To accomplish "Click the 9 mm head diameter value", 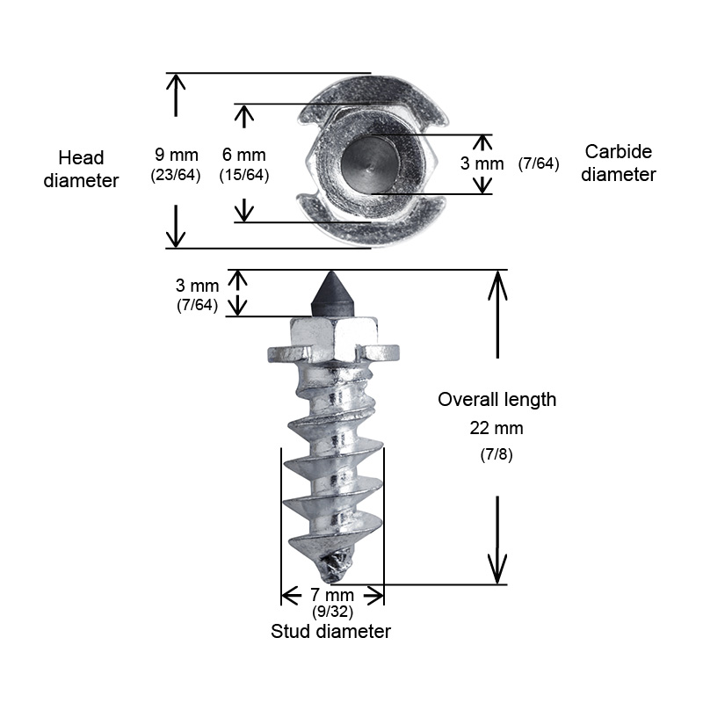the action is tap(177, 156).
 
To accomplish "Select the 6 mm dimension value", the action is tap(244, 156).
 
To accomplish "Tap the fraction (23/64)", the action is tap(176, 175).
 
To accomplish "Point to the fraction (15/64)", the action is tap(244, 175).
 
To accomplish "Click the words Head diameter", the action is tap(81, 170).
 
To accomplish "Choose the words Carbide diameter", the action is tap(619, 163).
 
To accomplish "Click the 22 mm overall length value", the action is tap(496, 428).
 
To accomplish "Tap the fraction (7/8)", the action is tap(496, 454).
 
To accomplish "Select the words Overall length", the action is tap(496, 400).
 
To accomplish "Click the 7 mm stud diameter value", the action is tap(332, 595).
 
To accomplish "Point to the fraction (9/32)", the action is tap(332, 612).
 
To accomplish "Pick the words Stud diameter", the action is tap(331, 631).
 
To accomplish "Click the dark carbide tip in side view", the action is tap(331, 294).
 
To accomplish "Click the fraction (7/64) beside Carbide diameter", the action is tap(539, 163).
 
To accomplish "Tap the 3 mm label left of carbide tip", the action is tap(197, 286).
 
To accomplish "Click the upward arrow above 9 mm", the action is tap(176, 95).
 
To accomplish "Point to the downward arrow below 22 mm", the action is tap(497, 540).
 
